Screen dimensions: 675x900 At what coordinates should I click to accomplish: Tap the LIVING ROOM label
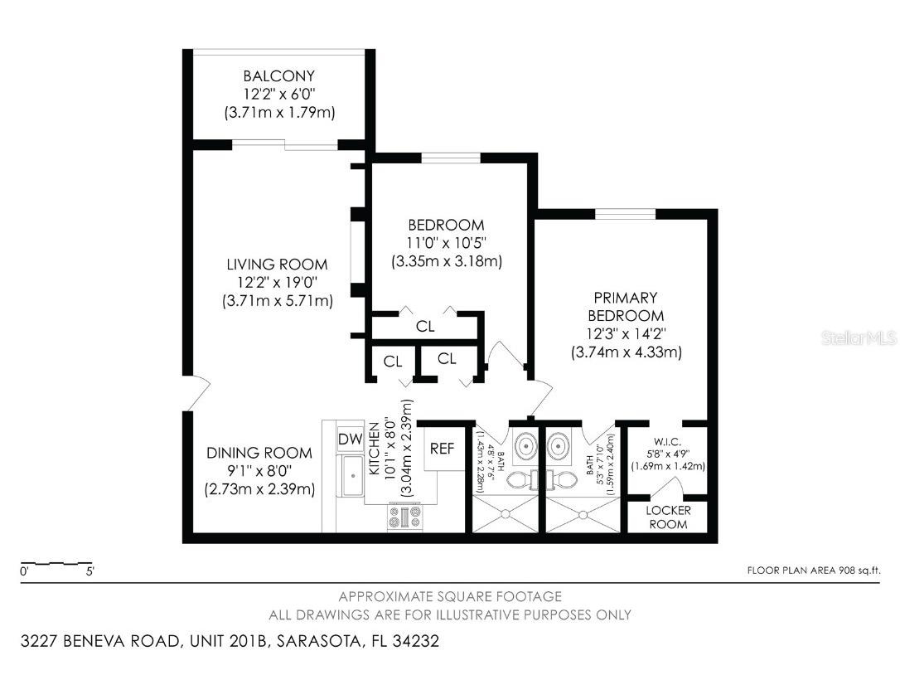(277, 265)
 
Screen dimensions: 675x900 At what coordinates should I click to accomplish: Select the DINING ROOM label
(259, 453)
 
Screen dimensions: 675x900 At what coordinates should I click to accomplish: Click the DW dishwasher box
(347, 439)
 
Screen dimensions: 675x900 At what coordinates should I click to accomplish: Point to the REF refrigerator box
(442, 449)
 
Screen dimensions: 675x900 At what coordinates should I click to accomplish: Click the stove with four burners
(404, 517)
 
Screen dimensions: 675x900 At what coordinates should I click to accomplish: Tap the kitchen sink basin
(351, 477)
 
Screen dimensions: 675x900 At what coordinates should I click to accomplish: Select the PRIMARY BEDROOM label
(626, 306)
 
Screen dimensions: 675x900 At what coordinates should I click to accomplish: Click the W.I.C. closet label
(666, 441)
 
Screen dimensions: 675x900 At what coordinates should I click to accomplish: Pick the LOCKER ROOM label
(667, 517)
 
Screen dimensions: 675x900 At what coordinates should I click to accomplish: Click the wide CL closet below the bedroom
(425, 327)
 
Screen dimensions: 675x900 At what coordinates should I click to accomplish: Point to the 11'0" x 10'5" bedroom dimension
(447, 243)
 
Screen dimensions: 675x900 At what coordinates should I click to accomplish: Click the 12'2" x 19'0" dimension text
(277, 283)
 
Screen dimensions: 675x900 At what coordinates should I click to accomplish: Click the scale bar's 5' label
(90, 571)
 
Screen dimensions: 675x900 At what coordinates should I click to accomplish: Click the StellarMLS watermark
(859, 338)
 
